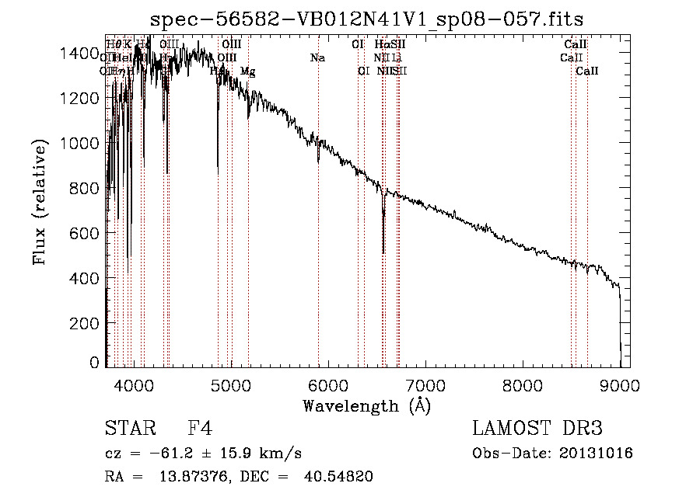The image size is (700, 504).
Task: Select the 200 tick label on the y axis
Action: pos(88,323)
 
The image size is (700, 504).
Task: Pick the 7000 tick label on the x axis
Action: pos(425,384)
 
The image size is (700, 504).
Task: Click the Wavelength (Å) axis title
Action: pos(366,405)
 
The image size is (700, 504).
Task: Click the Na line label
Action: pos(317,58)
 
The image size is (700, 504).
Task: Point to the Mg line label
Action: pos(247,71)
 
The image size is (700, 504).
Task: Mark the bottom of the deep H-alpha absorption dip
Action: pos(383,252)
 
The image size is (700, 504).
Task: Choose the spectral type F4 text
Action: pos(200,429)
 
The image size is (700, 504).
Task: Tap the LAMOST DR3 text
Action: pos(537,429)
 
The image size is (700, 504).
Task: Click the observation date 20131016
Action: pos(597,454)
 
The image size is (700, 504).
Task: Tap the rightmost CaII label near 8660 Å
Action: pos(587,71)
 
